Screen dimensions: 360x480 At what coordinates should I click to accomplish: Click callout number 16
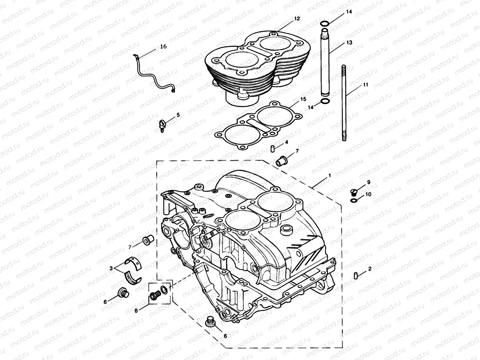pyautogui.click(x=163, y=46)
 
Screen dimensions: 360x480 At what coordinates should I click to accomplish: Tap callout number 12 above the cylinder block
pyautogui.click(x=297, y=18)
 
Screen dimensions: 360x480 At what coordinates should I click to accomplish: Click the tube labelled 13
pyautogui.click(x=325, y=64)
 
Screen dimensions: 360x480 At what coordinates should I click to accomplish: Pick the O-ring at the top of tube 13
pyautogui.click(x=325, y=24)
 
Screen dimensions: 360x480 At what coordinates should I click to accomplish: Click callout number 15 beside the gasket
pyautogui.click(x=303, y=99)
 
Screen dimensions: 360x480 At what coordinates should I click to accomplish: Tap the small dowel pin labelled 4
pyautogui.click(x=272, y=148)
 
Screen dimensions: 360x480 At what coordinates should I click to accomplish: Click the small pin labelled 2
pyautogui.click(x=355, y=275)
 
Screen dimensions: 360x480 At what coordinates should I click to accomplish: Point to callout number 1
pyautogui.click(x=329, y=175)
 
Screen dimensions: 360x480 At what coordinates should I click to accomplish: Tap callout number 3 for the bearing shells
pyautogui.click(x=111, y=268)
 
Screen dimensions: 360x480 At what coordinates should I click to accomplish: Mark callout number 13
pyautogui.click(x=349, y=43)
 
